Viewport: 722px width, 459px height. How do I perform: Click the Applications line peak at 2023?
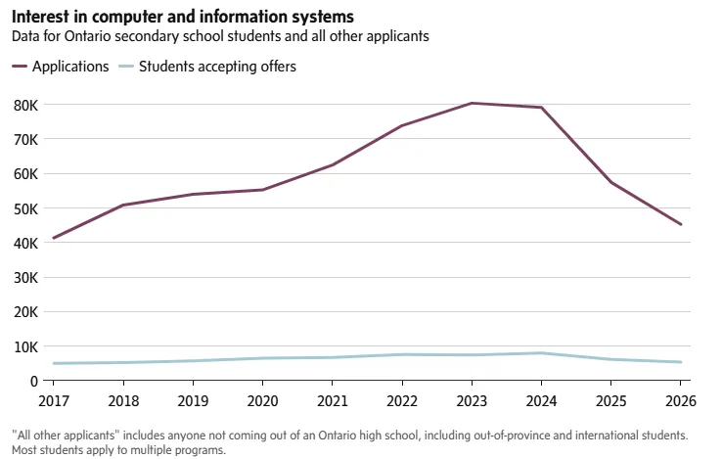click(x=472, y=103)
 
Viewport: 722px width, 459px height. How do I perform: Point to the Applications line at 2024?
click(x=542, y=108)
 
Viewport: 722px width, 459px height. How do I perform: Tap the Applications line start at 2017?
click(x=54, y=238)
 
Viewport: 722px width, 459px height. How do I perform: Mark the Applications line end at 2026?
click(x=681, y=224)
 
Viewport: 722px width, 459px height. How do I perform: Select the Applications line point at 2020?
click(x=262, y=190)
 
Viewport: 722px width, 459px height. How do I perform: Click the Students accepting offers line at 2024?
click(x=542, y=353)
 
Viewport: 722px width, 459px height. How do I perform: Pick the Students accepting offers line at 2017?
click(x=54, y=364)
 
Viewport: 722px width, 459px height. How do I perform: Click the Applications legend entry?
click(x=61, y=67)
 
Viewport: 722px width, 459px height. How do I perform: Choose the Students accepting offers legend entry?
click(x=207, y=67)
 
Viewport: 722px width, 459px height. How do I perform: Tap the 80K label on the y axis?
click(x=26, y=106)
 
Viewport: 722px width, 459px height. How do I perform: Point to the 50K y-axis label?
click(x=26, y=209)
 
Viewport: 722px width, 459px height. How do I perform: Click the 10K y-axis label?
click(x=26, y=347)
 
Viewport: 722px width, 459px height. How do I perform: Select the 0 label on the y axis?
click(x=34, y=382)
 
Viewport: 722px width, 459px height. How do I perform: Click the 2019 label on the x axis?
click(x=193, y=401)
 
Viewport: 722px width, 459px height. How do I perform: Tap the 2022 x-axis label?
click(x=402, y=401)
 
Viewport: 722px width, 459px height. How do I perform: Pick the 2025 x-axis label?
click(x=611, y=401)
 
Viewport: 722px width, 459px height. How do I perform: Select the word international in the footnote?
click(x=612, y=436)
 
